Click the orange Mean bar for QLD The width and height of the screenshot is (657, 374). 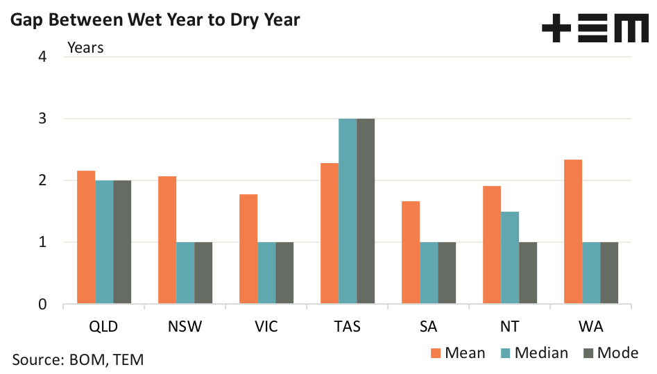(86, 237)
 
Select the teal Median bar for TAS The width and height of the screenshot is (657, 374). (348, 212)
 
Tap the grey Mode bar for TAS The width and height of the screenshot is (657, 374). (366, 212)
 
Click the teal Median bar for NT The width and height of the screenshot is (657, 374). (510, 258)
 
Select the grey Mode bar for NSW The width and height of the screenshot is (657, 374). (203, 273)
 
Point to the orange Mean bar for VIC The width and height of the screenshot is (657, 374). (248, 249)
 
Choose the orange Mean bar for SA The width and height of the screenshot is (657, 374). (411, 253)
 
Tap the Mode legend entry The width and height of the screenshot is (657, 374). (611, 352)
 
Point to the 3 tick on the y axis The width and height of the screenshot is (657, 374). (42, 119)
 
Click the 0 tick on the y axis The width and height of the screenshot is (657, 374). (42, 305)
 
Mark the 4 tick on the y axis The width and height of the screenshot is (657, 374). (42, 57)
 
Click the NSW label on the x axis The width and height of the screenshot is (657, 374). (185, 326)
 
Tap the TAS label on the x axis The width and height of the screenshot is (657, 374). (347, 326)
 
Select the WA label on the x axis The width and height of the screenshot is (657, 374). (591, 326)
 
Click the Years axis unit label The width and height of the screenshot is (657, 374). (85, 48)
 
